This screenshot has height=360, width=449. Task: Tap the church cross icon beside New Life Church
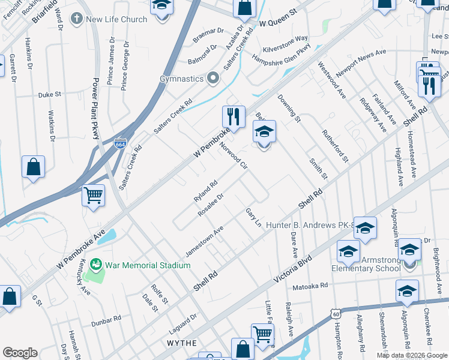(x=76, y=19)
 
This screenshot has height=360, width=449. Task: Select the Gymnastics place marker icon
(x=212, y=79)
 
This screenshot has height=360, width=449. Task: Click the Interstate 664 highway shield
(x=119, y=144)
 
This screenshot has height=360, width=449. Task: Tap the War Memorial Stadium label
(x=139, y=265)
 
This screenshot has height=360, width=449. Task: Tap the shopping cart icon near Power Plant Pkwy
(x=93, y=195)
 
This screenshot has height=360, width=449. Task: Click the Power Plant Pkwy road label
(x=95, y=108)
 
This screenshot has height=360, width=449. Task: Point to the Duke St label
(x=50, y=95)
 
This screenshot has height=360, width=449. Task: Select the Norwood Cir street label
(x=233, y=156)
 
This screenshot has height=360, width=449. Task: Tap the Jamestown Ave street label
(x=204, y=242)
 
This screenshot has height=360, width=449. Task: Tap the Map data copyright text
(x=412, y=355)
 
